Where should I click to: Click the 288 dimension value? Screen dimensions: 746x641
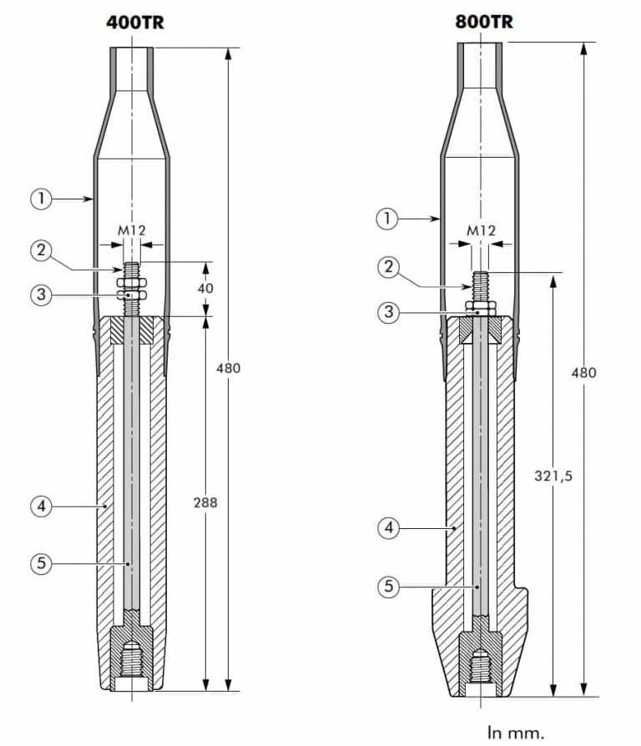pyautogui.click(x=204, y=502)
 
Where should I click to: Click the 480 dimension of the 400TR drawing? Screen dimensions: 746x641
pyautogui.click(x=227, y=367)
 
